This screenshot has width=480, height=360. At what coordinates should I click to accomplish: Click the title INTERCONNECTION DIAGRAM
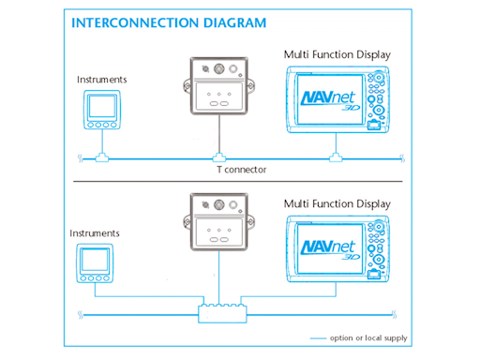[169, 22]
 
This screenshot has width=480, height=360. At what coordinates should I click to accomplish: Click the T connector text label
[242, 170]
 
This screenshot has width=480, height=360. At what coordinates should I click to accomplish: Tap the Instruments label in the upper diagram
[102, 80]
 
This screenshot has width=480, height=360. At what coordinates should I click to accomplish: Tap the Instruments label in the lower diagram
[95, 233]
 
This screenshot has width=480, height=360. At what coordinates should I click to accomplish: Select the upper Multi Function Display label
[337, 55]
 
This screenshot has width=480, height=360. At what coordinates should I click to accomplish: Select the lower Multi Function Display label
[337, 204]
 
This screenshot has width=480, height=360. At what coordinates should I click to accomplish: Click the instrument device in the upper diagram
[102, 110]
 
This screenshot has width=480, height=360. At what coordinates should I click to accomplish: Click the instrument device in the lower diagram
[95, 263]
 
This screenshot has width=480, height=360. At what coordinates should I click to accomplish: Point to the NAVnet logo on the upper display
[330, 100]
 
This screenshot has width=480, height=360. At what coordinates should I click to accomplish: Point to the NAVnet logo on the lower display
[330, 249]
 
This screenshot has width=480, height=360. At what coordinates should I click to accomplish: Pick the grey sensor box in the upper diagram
[218, 85]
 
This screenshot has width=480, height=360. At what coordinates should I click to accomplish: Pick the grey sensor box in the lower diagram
[218, 222]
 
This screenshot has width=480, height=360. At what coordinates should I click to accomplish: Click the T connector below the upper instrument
[102, 157]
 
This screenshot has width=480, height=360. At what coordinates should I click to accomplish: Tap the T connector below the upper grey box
[219, 157]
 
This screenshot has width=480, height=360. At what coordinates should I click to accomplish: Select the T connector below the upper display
[336, 157]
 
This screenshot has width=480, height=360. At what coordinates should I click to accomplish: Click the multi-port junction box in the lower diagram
[222, 313]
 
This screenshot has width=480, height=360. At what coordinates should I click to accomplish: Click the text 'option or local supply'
[368, 338]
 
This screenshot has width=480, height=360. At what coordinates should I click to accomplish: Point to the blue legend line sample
[318, 338]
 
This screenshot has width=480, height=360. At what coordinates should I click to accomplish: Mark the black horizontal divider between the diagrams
[238, 181]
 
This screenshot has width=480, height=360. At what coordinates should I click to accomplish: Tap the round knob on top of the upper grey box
[219, 68]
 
